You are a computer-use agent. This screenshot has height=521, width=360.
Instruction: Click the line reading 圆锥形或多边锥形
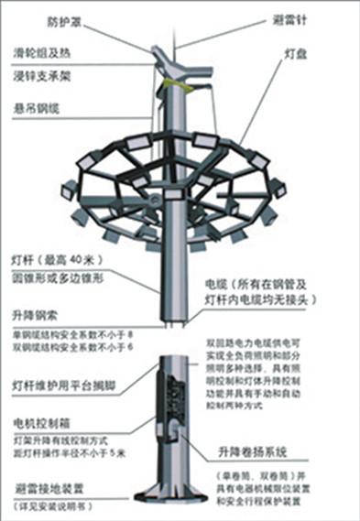[55, 276]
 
